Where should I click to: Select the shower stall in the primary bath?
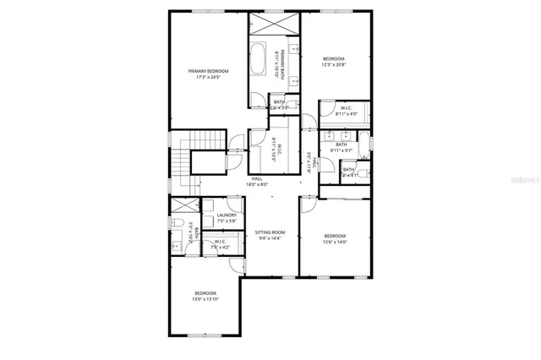click(274, 23)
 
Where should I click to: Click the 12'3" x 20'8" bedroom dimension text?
click(333, 64)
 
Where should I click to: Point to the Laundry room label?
click(226, 215)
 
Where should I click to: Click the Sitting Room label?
click(270, 232)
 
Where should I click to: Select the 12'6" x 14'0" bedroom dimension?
click(334, 243)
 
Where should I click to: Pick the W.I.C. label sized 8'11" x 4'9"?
click(347, 113)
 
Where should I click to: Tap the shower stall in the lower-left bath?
click(180, 205)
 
